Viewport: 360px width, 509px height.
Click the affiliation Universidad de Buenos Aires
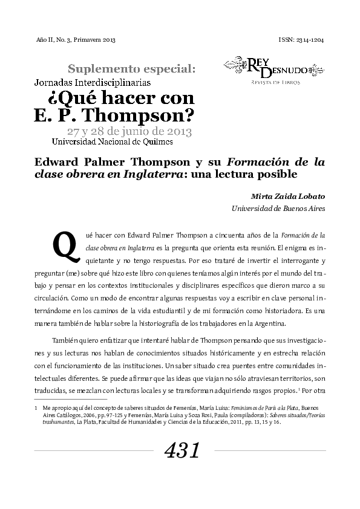coord(278,209)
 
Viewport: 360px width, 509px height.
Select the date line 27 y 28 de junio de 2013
coord(129,131)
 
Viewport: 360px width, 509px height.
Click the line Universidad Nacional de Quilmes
coord(112,142)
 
